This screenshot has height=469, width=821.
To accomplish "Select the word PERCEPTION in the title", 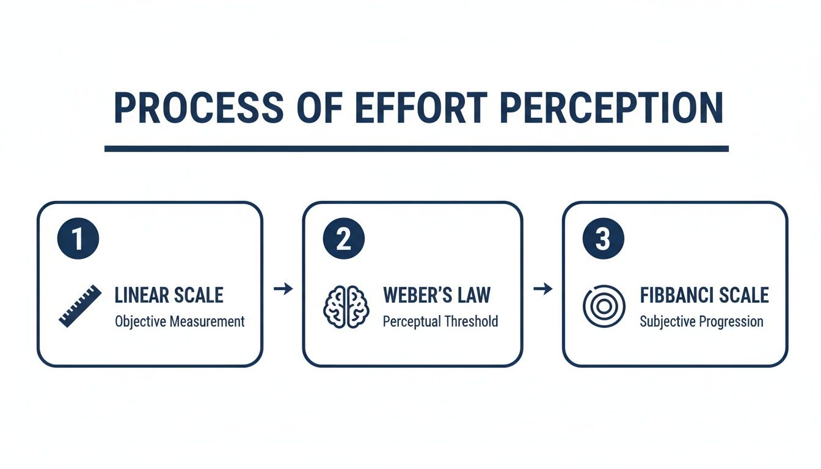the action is pyautogui.click(x=611, y=109).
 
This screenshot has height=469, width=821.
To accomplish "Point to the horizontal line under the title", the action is pyautogui.click(x=417, y=148).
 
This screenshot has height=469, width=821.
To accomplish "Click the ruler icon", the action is pyautogui.click(x=80, y=305).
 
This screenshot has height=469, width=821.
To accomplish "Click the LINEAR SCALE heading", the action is pyautogui.click(x=169, y=296).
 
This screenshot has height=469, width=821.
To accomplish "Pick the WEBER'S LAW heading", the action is pyautogui.click(x=436, y=296).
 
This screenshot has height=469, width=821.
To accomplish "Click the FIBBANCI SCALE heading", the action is pyautogui.click(x=704, y=296).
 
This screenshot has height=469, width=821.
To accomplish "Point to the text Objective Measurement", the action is pyautogui.click(x=180, y=321).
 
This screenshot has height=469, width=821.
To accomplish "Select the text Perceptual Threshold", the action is pyautogui.click(x=440, y=321).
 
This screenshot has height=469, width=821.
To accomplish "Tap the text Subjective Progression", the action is pyautogui.click(x=701, y=322).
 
